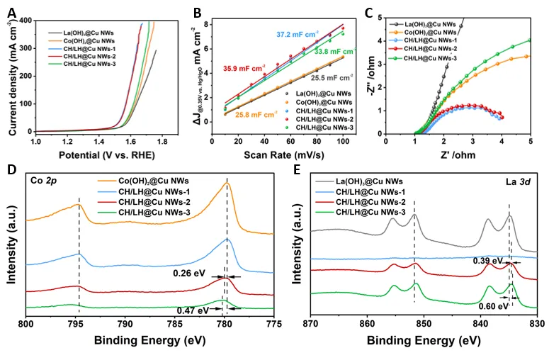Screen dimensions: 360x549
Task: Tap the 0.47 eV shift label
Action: pos(191,310)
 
